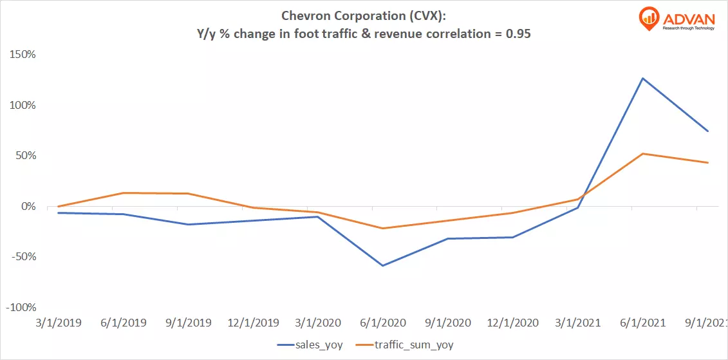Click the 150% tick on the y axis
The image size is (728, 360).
pos(21,54)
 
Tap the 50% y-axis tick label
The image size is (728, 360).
pos(24,156)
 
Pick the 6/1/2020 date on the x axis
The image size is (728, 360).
pos(382,323)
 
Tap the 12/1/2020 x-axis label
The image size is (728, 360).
pos(512,323)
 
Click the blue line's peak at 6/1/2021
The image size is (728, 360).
pos(642,79)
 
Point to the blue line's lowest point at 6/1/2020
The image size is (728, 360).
pos(382,265)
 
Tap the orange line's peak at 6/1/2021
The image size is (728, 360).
pos(642,153)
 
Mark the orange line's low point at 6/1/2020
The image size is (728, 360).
pos(382,229)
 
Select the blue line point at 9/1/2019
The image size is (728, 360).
pos(187,224)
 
